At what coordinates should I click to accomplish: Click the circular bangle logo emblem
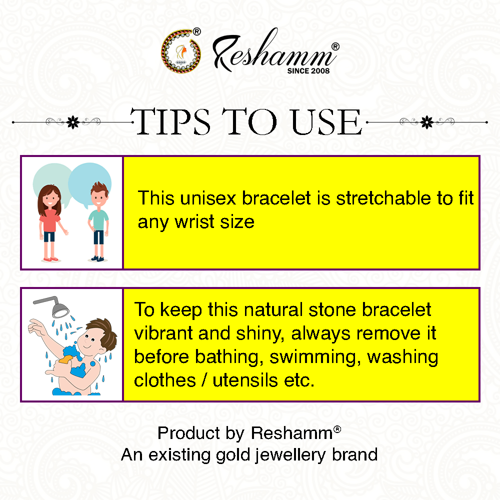point(181,50)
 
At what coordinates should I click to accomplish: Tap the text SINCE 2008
point(308,71)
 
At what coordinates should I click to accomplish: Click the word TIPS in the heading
point(170,121)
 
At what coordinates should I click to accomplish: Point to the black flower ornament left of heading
point(73,122)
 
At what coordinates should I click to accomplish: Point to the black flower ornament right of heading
point(427,122)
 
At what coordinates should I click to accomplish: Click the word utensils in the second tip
point(245,380)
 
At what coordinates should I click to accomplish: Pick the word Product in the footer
point(189,433)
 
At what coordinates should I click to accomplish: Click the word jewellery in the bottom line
point(290,455)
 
